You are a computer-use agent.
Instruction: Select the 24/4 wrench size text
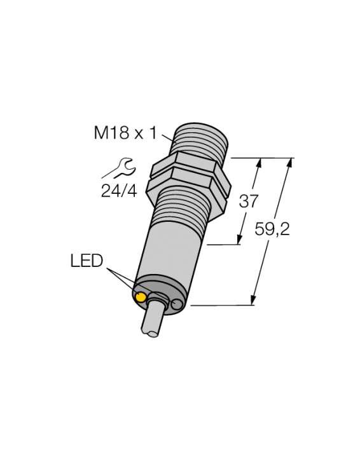[118, 191]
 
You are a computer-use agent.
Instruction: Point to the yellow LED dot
[140, 297]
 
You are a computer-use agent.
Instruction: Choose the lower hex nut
[186, 188]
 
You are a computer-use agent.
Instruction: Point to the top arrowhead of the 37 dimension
[258, 163]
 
